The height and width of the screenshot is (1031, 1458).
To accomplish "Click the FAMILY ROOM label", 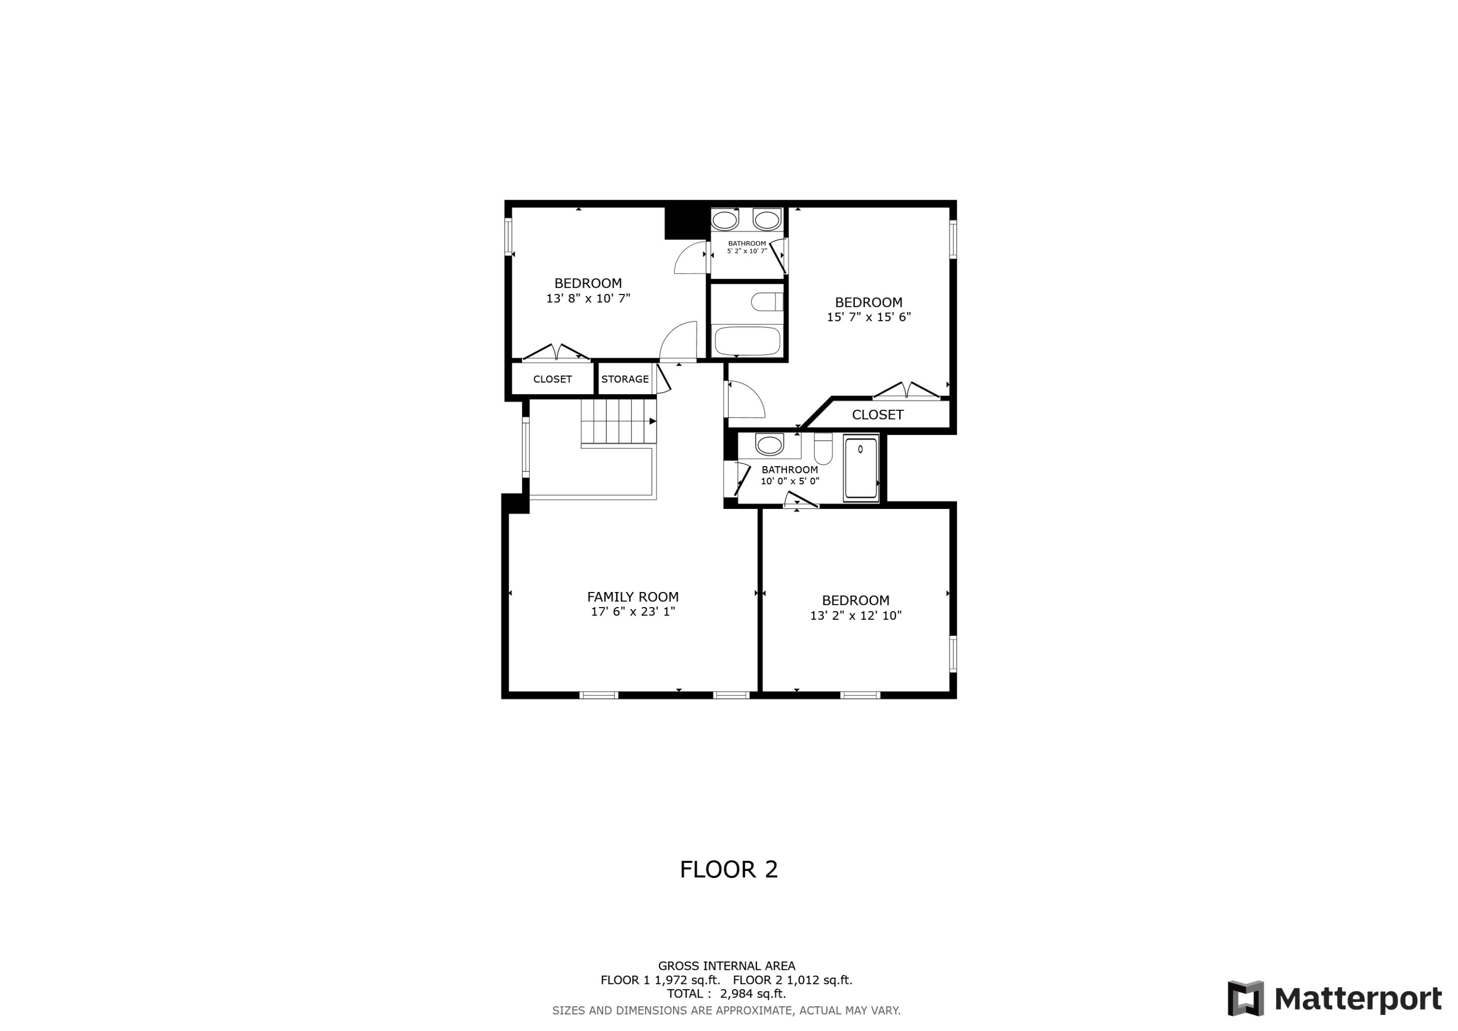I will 632,596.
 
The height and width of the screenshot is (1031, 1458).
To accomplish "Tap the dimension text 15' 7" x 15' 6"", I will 868,316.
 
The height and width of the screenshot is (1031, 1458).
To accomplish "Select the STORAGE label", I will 625,379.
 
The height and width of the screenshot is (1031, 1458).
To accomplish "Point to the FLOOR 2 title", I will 729,870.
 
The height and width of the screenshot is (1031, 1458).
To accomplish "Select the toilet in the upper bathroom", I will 766,302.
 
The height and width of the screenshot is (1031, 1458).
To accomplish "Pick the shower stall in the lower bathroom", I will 860,468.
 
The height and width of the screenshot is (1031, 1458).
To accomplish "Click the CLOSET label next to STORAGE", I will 553,379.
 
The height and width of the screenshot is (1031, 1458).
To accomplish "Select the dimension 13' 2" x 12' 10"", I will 855,615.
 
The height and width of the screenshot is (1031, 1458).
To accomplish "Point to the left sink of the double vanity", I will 724,220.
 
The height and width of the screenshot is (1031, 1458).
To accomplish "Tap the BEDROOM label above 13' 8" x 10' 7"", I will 588,283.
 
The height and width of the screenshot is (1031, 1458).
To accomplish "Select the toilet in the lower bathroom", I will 823,450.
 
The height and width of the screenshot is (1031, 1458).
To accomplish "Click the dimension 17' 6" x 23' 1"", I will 632,611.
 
